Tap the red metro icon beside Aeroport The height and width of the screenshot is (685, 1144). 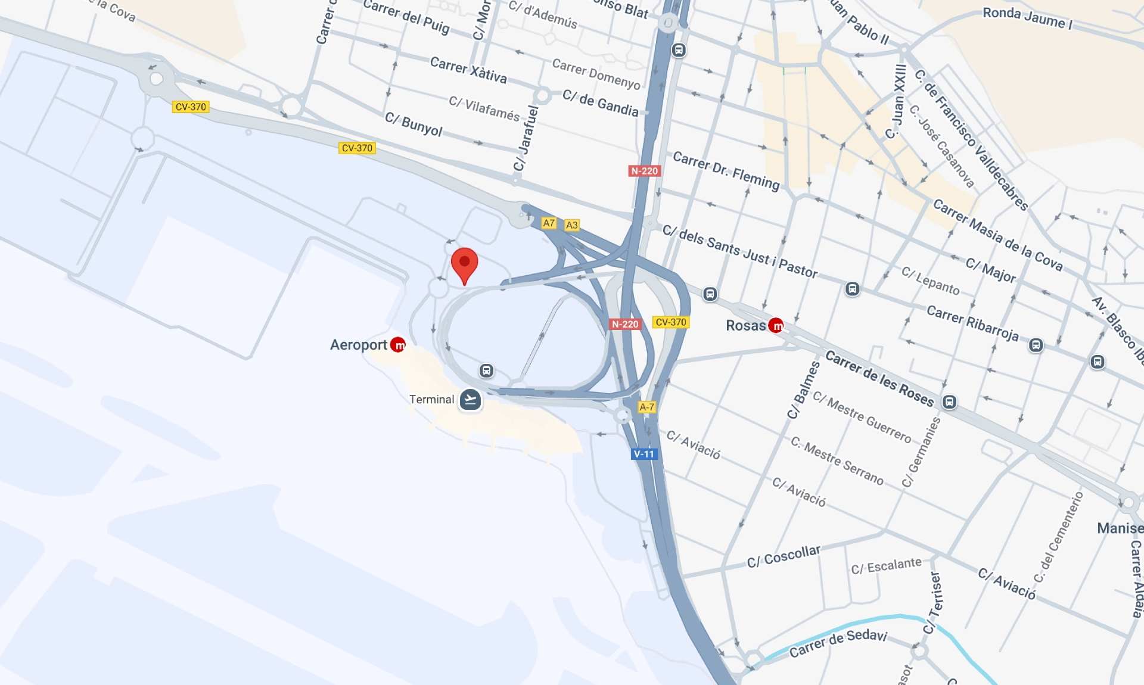(398, 345)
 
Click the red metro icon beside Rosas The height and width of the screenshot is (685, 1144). (776, 325)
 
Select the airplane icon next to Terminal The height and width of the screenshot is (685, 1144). (470, 400)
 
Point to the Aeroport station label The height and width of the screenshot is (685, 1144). (359, 345)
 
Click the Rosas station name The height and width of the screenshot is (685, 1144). (745, 325)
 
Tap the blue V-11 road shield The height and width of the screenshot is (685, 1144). (643, 454)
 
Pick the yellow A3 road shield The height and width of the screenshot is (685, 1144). (571, 225)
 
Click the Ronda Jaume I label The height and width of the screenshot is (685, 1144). (1027, 18)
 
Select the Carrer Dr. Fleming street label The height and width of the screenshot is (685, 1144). (726, 170)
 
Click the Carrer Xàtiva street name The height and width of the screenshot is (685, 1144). (468, 70)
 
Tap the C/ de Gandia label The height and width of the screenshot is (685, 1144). (600, 103)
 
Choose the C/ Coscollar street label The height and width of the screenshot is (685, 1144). (784, 556)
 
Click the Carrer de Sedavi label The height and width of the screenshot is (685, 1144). (838, 643)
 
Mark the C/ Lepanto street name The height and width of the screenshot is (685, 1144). (930, 281)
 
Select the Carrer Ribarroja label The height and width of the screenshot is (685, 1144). (972, 323)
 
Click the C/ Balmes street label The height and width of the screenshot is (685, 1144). (803, 390)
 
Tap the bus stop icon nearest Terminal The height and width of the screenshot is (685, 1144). (486, 370)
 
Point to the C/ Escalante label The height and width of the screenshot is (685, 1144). (886, 565)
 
